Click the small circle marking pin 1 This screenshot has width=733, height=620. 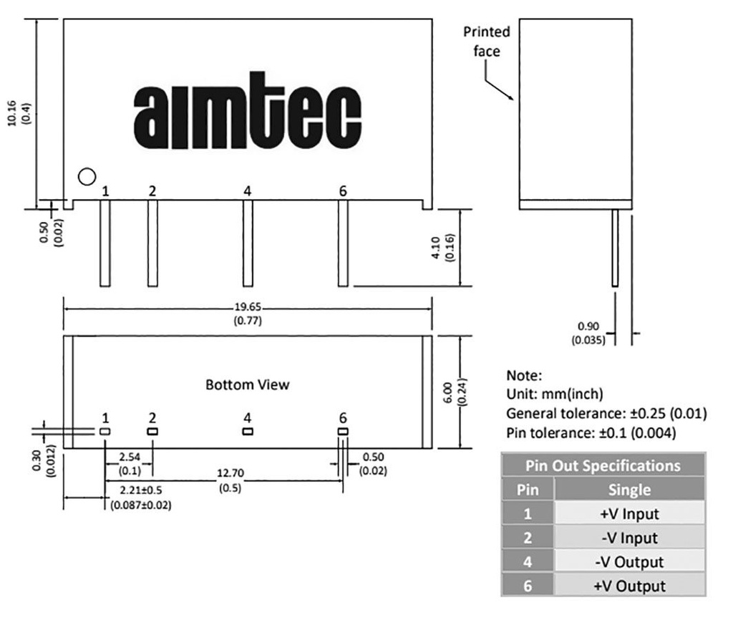(87, 176)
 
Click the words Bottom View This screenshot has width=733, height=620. (248, 385)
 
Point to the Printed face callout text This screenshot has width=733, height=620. (487, 42)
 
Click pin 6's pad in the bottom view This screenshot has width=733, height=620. (342, 432)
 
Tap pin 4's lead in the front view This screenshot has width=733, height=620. (248, 243)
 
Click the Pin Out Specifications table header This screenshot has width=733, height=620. (603, 465)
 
